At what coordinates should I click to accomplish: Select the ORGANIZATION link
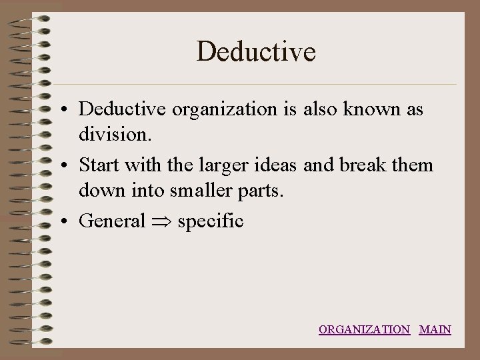[364, 329]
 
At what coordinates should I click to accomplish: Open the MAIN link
[435, 329]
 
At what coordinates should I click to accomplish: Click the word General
[111, 221]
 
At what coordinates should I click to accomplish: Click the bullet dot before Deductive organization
[69, 110]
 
